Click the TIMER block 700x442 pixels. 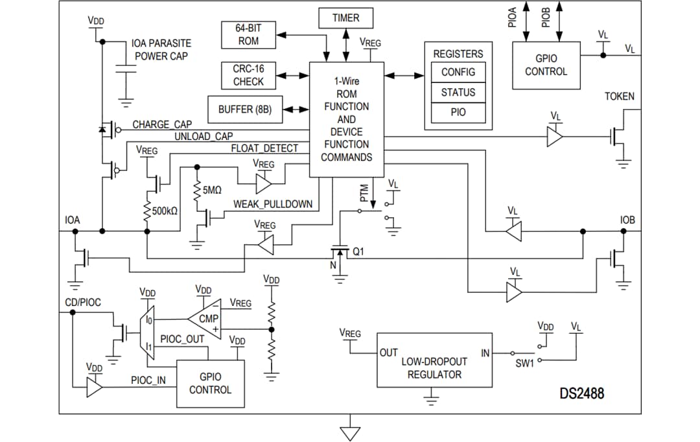tap(345, 18)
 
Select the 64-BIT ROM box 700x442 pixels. tap(248, 34)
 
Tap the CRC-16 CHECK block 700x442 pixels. tap(248, 75)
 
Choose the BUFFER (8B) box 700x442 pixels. tap(245, 110)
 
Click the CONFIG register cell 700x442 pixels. tap(458, 72)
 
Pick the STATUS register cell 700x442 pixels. tap(458, 92)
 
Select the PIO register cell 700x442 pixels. tap(458, 112)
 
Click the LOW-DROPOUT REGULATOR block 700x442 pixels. tap(432, 368)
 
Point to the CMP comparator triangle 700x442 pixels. tap(207, 319)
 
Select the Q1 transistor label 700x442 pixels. tap(359, 252)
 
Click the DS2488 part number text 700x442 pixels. tap(581, 393)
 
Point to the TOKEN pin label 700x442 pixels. tap(619, 97)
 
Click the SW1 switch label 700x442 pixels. tap(524, 364)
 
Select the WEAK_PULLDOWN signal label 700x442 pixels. tap(272, 204)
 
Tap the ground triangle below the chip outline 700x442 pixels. tap(350, 432)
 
